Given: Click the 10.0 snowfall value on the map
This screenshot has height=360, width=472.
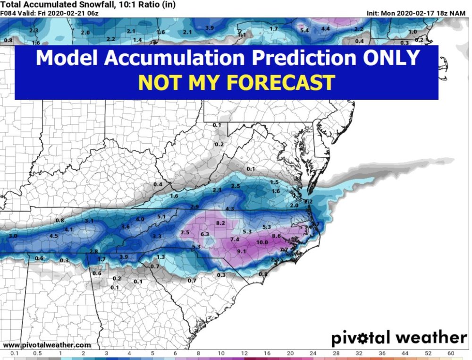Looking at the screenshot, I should (x=262, y=242).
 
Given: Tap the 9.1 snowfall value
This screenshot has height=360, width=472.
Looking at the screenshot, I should (x=242, y=251).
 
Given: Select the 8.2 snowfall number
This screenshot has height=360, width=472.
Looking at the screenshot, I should (x=220, y=223).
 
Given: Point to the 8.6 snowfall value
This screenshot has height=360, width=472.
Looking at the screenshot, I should (x=277, y=236).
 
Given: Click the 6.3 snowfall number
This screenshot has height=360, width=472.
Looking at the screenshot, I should (x=205, y=234).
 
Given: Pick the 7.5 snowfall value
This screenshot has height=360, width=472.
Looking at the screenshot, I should (x=185, y=232).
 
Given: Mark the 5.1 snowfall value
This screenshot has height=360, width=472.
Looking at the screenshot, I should (x=161, y=216).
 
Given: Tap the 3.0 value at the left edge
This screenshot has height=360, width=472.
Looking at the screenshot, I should (x=13, y=235).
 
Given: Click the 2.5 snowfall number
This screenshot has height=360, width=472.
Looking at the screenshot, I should (x=236, y=186).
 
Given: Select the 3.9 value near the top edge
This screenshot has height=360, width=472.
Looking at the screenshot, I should (x=210, y=28).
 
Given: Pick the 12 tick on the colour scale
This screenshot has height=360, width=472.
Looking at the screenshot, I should (x=244, y=353).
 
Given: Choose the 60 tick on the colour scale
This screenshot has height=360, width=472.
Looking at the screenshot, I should (x=451, y=353).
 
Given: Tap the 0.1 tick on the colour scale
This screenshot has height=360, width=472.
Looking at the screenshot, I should (x=15, y=353).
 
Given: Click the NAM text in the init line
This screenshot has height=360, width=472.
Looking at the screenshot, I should (x=458, y=13).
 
